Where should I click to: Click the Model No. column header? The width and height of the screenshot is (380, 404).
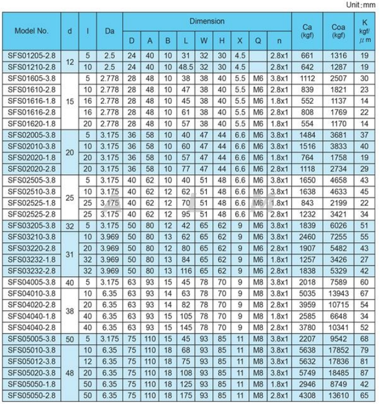click(32, 31)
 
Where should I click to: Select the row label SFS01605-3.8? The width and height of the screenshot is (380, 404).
click(32, 78)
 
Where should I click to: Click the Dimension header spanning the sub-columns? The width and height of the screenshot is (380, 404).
click(207, 22)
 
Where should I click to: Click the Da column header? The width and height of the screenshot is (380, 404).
click(110, 31)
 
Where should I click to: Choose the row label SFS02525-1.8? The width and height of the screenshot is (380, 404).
click(32, 203)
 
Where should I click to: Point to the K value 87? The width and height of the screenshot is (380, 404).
click(364, 372)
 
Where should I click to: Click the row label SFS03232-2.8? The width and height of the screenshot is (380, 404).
click(32, 271)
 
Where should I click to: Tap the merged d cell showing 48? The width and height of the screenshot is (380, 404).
click(69, 372)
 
